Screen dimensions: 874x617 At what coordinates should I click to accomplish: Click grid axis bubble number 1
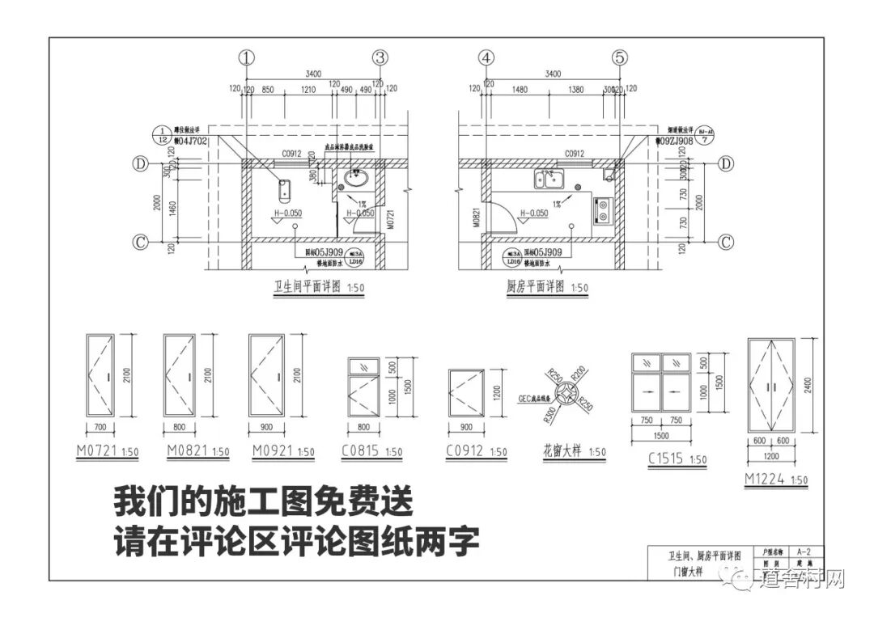click(247, 57)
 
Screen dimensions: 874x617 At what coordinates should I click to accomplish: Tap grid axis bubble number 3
click(380, 57)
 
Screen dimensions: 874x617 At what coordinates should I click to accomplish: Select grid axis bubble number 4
click(486, 57)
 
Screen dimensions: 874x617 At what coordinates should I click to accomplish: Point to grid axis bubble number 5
click(620, 57)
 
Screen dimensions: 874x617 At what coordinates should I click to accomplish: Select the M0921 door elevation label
click(270, 451)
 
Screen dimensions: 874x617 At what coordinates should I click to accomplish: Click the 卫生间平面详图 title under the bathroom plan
click(308, 287)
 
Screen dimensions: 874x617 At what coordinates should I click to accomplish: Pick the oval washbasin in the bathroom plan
click(357, 177)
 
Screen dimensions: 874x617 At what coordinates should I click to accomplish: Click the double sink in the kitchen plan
click(547, 178)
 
